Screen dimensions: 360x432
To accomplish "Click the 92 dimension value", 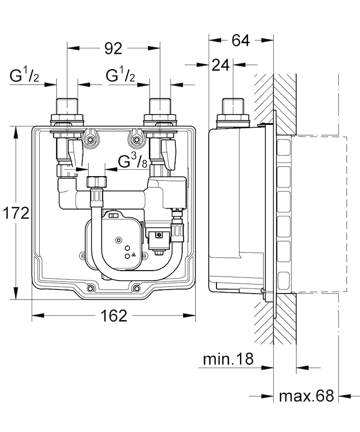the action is pos(113,49).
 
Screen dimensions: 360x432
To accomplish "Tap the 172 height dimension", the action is pos(16,213).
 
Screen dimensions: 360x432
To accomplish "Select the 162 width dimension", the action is pos(114,316).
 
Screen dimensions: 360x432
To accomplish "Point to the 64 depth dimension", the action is pos(241,40).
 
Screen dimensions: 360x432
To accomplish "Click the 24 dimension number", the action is pos(220,65).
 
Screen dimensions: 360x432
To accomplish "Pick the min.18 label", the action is pos(228,359).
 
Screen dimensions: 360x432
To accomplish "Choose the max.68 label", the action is pos(306,396).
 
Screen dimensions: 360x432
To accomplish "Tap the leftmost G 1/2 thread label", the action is pos(24,76).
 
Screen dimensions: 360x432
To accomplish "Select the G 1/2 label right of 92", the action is pos(120,76).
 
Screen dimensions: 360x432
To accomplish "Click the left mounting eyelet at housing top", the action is pos(90,138).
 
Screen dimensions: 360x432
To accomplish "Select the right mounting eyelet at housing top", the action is pos(136,138).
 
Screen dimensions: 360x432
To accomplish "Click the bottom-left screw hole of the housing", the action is pos(90,289).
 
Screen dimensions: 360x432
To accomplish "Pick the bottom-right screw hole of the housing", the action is pos(136,289).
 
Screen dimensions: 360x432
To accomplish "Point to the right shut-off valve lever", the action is pos(169,154).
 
